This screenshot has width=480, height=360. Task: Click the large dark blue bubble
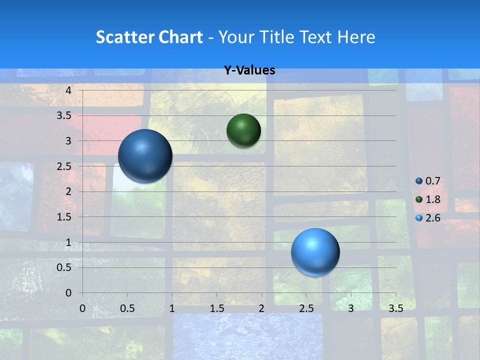[145, 156]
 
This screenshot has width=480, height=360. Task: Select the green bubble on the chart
[243, 130]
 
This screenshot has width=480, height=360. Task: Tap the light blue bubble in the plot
[315, 252]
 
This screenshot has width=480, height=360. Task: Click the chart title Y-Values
[249, 70]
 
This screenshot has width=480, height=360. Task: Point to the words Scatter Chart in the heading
[149, 37]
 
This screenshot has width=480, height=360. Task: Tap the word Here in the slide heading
[356, 37]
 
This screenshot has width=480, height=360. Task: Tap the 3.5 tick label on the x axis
[395, 308]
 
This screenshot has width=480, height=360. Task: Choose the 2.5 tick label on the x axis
[306, 308]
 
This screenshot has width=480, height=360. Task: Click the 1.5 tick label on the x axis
[216, 308]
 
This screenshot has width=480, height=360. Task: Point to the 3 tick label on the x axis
[351, 308]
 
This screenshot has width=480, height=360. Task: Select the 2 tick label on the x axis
[261, 308]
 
